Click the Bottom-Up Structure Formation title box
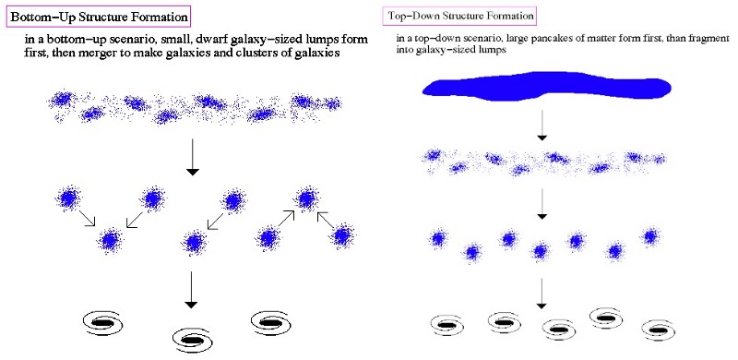click(99, 18)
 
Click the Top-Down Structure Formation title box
click(459, 16)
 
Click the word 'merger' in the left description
click(97, 54)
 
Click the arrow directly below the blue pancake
click(542, 125)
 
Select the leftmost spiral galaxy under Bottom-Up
click(103, 322)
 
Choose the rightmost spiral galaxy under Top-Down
click(658, 330)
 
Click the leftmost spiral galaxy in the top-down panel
click(447, 325)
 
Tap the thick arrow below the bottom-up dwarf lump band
click(192, 157)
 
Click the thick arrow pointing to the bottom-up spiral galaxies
click(191, 289)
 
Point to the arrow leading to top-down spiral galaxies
click(542, 294)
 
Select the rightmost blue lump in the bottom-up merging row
click(342, 235)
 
